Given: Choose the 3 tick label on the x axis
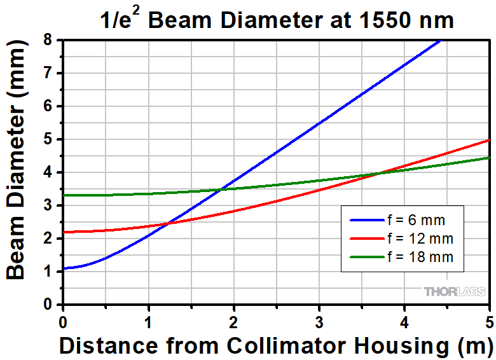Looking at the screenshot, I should coord(319,320).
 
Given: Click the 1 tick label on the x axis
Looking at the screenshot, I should coord(148,320).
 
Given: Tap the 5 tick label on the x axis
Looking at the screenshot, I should coord(489,320).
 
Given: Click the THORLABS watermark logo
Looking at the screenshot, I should coord(456,292).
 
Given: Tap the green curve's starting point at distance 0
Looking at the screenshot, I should coord(63,195).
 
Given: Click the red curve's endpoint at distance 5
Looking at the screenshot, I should coord(489,139).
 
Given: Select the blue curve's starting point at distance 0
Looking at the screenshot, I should coord(63,268).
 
